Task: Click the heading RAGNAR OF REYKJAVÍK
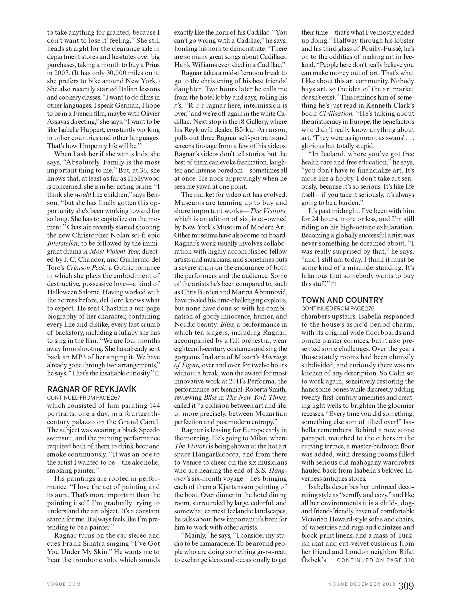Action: coord(92,389)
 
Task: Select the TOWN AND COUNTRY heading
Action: coord(342,300)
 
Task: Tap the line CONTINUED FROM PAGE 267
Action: coord(83,398)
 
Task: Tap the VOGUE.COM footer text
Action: coord(64,584)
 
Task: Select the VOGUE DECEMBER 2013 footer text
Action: coord(362,584)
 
